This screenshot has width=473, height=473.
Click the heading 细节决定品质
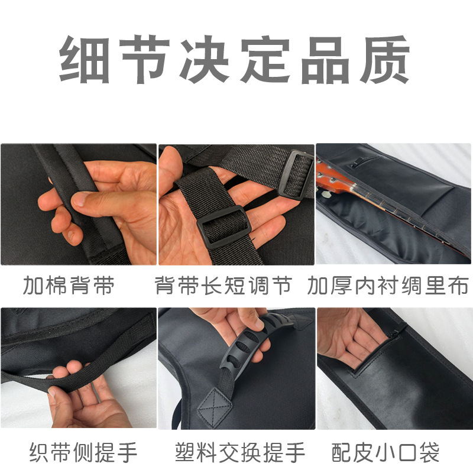click(234, 60)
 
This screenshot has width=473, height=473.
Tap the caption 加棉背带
click(69, 286)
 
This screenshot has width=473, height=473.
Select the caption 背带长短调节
click(223, 286)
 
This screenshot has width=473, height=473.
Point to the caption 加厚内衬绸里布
click(388, 286)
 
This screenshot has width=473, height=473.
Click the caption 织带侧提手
click(83, 452)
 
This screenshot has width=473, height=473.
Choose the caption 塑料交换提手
click(240, 452)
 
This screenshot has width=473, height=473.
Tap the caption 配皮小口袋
click(385, 452)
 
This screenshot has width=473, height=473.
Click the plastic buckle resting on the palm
click(224, 227)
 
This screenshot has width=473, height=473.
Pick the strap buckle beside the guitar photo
click(295, 174)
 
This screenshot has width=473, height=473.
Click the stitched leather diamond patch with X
click(215, 408)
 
